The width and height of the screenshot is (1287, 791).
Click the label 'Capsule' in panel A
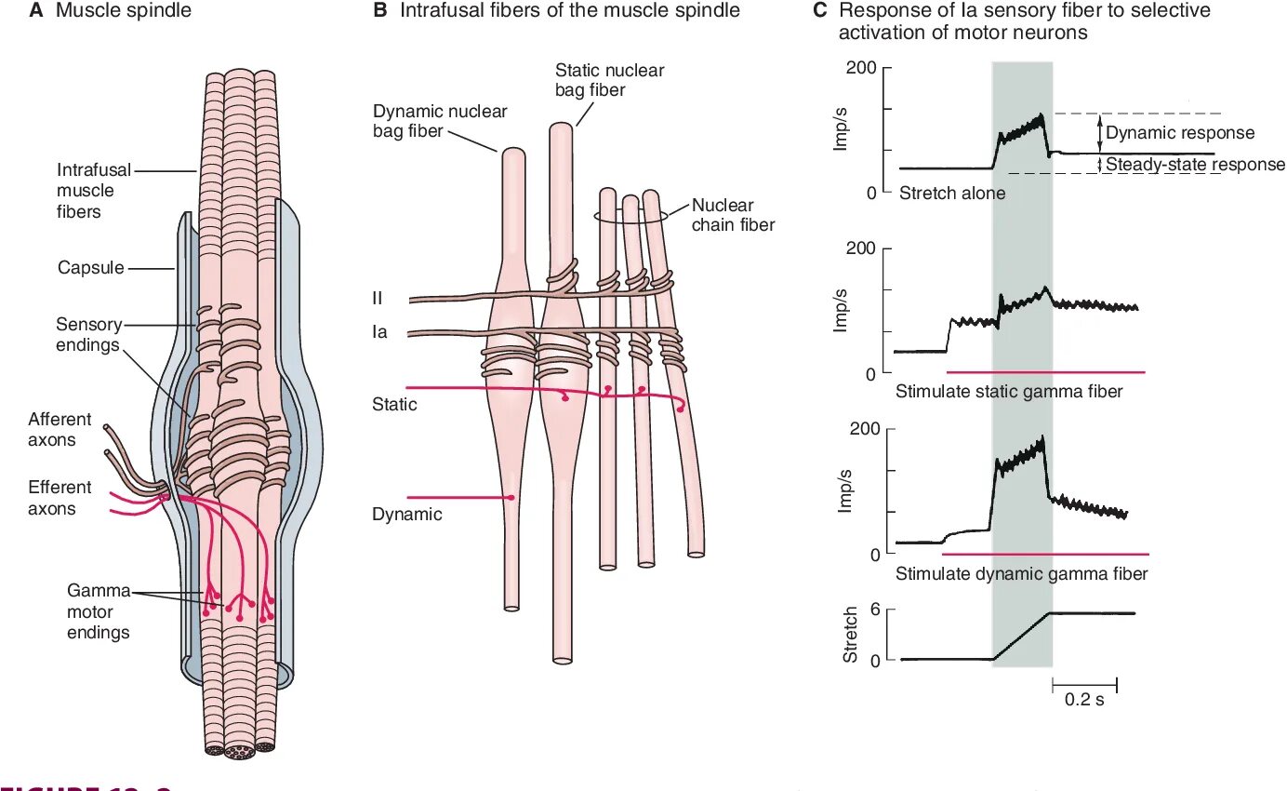pos(91,268)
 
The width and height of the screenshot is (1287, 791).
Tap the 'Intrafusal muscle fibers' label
pos(93,191)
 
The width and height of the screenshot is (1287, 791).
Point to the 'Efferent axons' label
pos(60,498)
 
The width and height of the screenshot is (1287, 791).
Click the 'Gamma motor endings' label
pos(98,611)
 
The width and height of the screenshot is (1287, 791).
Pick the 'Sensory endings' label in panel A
pos(88,335)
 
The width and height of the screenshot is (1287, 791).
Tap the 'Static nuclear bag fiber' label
pos(609,80)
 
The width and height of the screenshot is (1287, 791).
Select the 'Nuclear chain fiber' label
pos(733,215)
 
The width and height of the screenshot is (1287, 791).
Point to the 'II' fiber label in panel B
pos(378,299)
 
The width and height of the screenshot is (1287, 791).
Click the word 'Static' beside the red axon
pos(394,405)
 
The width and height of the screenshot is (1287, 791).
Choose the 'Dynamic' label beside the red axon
pos(406,514)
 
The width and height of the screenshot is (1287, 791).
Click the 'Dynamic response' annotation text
pos(1179,133)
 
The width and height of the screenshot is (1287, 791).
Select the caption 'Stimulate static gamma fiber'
pos(1009,392)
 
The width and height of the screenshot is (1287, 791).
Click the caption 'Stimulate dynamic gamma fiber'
pos(1021,574)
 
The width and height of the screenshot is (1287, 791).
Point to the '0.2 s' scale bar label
pos(1084,700)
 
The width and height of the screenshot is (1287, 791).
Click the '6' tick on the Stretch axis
pos(875,610)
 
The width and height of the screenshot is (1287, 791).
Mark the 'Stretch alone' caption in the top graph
pos(951,194)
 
